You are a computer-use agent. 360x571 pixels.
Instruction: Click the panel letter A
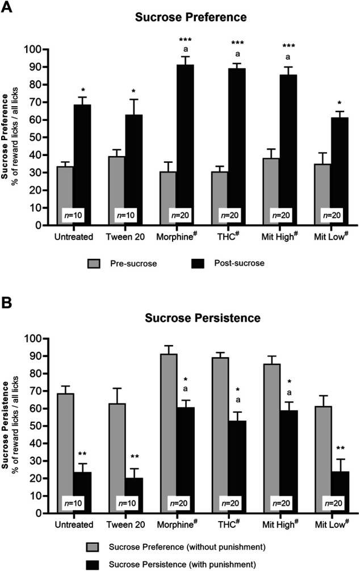pyautogui.click(x=8, y=8)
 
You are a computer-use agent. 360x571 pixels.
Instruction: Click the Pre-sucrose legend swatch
pyautogui.click(x=95, y=263)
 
